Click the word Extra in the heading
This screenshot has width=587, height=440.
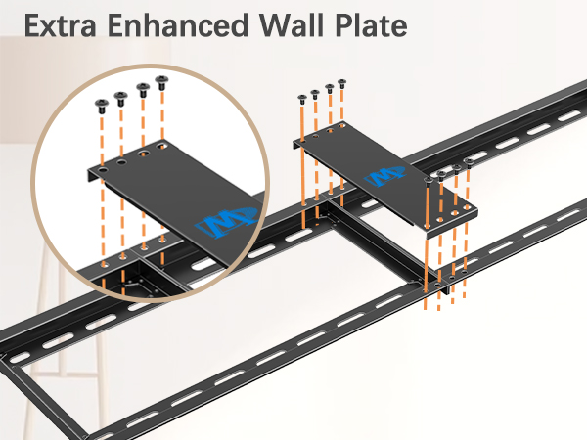[61, 25]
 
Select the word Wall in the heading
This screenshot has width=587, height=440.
[292, 25]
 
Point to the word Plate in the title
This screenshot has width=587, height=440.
[371, 25]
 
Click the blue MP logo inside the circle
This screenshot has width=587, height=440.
[227, 222]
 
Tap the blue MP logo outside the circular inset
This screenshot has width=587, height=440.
[385, 176]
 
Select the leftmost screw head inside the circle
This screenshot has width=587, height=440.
[102, 106]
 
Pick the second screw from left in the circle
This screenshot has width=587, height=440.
[120, 99]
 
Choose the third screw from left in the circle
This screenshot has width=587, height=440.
[143, 90]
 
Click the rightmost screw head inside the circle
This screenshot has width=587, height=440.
[161, 82]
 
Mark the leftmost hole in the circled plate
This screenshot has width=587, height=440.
[103, 170]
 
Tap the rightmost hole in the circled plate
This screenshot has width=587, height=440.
[162, 145]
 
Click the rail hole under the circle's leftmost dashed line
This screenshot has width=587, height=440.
[104, 265]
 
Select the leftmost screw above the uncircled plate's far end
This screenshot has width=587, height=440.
[302, 99]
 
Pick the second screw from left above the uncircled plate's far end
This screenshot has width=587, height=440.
[315, 94]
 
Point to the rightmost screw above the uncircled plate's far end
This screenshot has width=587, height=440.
[341, 83]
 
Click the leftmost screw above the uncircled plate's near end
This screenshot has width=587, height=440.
[429, 182]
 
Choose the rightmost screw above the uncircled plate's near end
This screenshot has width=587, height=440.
[469, 162]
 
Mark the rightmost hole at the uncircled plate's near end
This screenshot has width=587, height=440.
[467, 207]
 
